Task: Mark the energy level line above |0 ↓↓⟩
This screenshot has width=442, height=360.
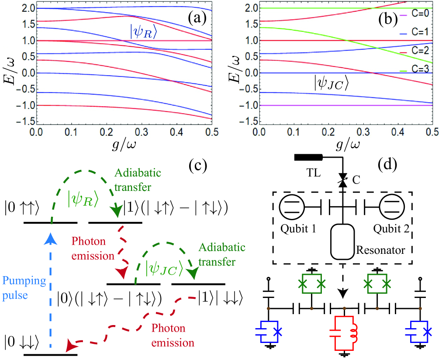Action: click(x=51, y=354)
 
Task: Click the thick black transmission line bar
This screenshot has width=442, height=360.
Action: click(x=308, y=158)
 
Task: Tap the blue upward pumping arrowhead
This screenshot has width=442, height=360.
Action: click(x=51, y=237)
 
